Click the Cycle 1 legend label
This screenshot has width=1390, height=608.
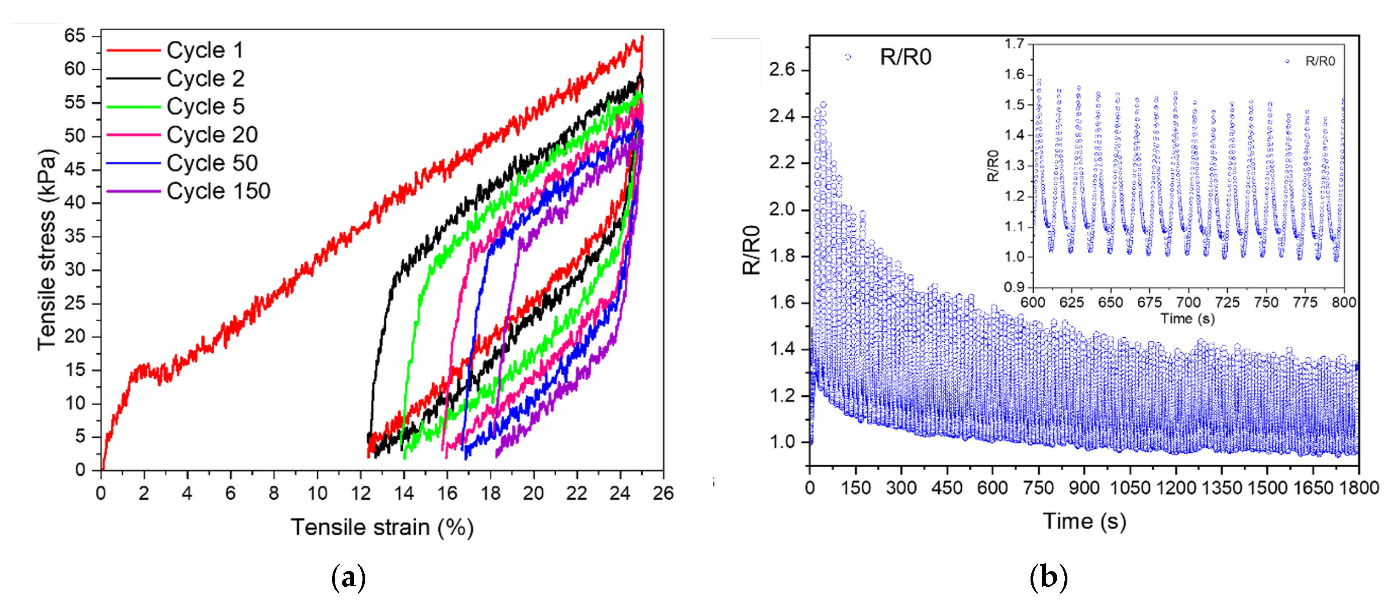(205, 50)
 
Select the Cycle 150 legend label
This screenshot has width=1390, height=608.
(218, 191)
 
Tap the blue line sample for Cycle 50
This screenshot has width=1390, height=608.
(133, 163)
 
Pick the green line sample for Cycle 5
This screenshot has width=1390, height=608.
(133, 107)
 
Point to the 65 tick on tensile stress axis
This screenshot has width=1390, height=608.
(75, 36)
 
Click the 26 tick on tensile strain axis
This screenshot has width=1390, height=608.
(663, 493)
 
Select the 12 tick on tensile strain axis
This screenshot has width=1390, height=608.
(361, 493)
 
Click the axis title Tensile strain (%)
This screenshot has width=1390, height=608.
(382, 527)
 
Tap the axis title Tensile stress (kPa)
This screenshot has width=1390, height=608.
(47, 249)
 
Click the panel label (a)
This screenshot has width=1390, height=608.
(348, 577)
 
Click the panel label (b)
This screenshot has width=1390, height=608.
(1048, 577)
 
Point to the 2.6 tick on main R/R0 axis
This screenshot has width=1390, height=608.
(782, 70)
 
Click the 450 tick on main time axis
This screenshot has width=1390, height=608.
(947, 487)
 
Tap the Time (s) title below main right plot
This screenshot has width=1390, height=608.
(1084, 521)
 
